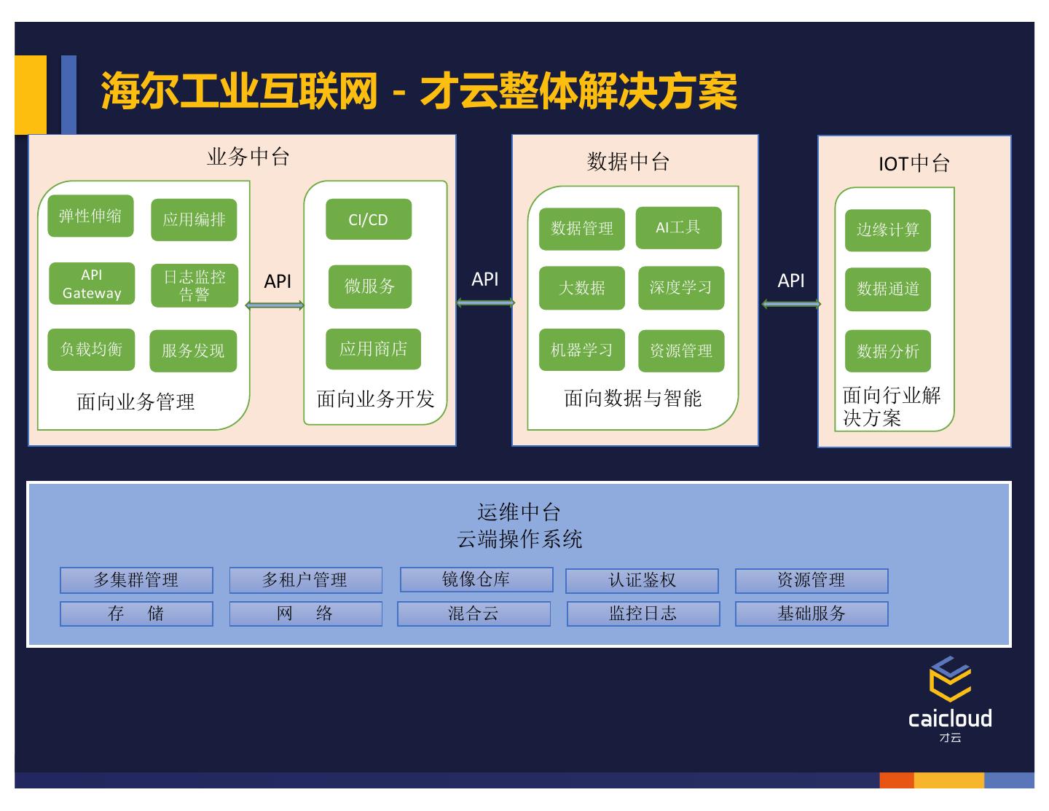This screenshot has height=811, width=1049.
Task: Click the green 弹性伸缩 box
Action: pyautogui.click(x=90, y=216)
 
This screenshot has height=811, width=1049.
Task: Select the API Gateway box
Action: pyautogui.click(x=92, y=283)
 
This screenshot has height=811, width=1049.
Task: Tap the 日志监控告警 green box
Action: pyautogui.click(x=194, y=285)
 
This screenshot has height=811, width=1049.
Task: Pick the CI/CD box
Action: pyautogui.click(x=369, y=219)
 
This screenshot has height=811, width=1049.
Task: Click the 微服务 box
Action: pyautogui.click(x=370, y=286)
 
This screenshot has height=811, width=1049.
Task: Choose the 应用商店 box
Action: pyautogui.click(x=373, y=349)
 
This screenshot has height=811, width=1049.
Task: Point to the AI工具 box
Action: pyautogui.click(x=678, y=227)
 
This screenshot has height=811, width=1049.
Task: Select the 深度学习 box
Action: pyautogui.click(x=681, y=288)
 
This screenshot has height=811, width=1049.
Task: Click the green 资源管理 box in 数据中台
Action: pyautogui.click(x=681, y=350)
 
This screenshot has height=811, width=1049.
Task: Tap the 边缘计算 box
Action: pyautogui.click(x=888, y=230)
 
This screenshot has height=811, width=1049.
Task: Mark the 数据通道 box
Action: pyautogui.click(x=888, y=289)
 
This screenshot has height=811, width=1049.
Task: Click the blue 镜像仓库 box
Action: pyautogui.click(x=476, y=579)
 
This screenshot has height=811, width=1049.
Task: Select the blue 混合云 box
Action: pyautogui.click(x=474, y=614)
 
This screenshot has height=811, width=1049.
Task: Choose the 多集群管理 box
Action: pyautogui.click(x=136, y=580)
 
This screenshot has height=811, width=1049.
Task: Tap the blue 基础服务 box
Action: pyautogui.click(x=812, y=614)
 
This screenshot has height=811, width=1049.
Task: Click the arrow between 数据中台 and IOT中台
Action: pyautogui.click(x=791, y=304)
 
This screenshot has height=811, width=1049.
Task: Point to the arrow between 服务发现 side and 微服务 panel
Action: pyautogui.click(x=275, y=305)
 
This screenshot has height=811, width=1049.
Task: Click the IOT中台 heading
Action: pyautogui.click(x=914, y=163)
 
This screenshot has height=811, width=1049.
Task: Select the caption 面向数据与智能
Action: pyautogui.click(x=632, y=399)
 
